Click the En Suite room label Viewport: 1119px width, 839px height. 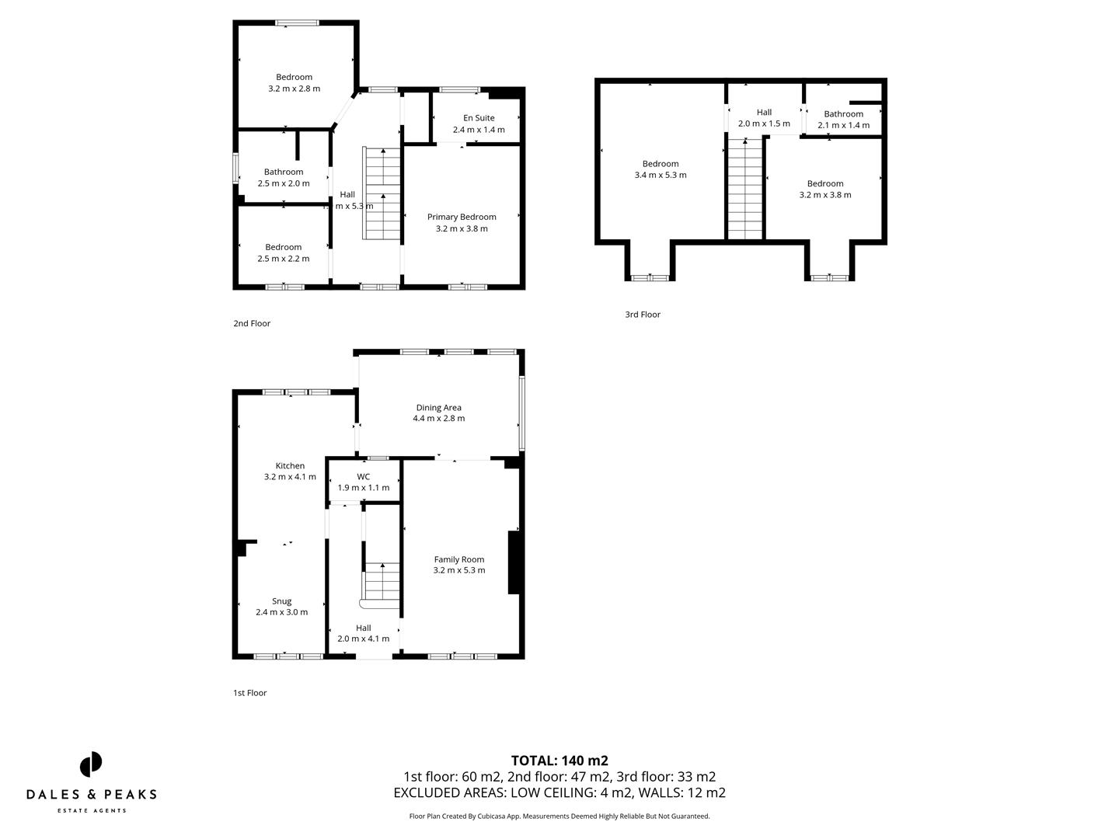(479, 118)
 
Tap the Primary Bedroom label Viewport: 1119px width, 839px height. (462, 217)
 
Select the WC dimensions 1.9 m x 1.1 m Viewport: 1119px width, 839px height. (363, 488)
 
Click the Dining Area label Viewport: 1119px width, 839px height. (438, 407)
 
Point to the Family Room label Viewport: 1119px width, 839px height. (458, 559)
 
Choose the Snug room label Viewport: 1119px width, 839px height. (281, 601)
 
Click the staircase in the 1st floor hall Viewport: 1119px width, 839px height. (382, 581)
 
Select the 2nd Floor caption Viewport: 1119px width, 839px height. (252, 324)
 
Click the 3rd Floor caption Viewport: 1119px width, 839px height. (643, 315)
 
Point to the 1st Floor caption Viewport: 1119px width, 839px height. (249, 693)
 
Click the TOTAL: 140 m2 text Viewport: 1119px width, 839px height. (559, 761)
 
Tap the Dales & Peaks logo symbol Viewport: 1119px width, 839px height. (91, 764)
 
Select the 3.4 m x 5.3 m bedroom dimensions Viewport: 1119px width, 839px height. (661, 176)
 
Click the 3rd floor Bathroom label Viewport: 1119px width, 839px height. (843, 114)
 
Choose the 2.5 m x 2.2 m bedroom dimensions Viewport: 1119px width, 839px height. (284, 259)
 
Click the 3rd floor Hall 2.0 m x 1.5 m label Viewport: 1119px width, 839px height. (764, 118)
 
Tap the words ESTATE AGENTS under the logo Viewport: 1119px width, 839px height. (92, 811)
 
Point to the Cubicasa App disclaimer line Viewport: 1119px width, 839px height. (559, 816)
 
